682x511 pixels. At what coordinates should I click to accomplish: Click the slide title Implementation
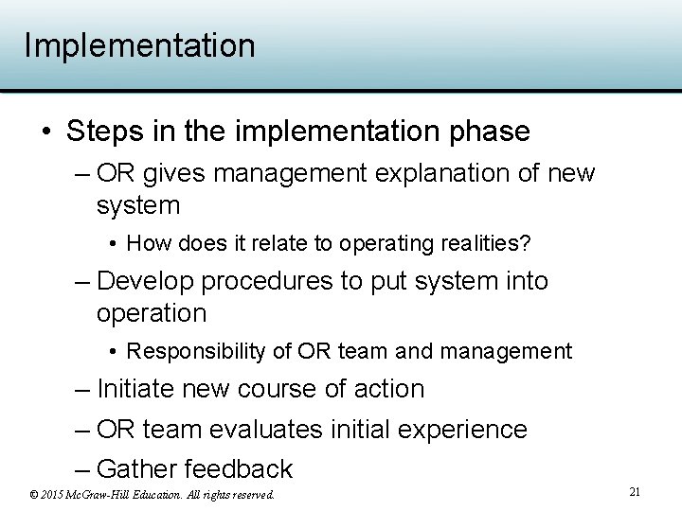click(139, 45)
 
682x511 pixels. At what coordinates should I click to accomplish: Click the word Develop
click(145, 281)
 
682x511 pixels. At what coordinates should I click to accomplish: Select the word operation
click(151, 313)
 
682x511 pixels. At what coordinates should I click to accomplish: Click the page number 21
click(635, 492)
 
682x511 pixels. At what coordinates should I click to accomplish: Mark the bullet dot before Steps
click(46, 132)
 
